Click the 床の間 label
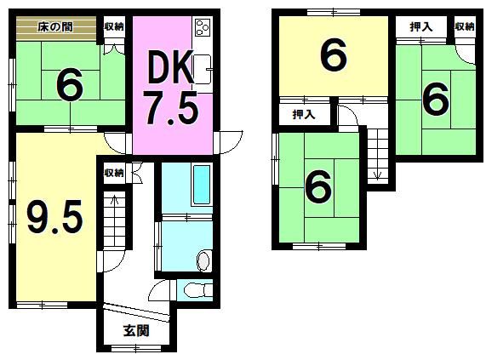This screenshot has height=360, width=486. coord(54,26)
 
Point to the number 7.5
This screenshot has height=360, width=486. coord(170,108)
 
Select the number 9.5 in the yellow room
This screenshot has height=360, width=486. coord(54,217)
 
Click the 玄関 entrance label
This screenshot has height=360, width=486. coord(136,330)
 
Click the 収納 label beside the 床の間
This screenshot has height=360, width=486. coord(114,26)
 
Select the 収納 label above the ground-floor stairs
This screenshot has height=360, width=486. coord(114,173)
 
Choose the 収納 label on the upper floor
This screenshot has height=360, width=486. coord(464,26)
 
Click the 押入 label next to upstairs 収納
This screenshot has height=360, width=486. coord(420,26)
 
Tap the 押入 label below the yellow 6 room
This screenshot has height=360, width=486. coord(303,114)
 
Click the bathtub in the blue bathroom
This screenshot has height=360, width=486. coord(200,185)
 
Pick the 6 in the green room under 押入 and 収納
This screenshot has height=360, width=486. coord(435,100)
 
